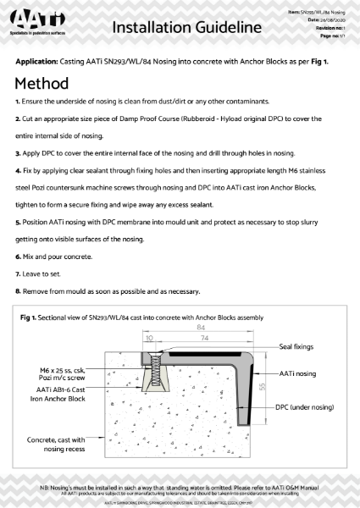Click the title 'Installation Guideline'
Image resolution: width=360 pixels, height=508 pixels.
point(186,27)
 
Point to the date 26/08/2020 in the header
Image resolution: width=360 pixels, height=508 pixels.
point(328,20)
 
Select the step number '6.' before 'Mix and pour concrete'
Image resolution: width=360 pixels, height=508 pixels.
point(18,256)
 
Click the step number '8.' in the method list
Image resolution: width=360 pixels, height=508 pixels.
point(18,292)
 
